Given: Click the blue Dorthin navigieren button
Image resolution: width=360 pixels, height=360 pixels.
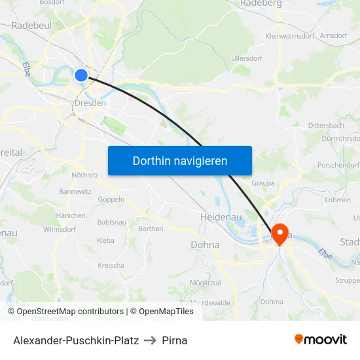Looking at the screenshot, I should (180, 160).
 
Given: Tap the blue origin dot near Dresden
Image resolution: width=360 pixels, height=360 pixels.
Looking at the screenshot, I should (81, 75).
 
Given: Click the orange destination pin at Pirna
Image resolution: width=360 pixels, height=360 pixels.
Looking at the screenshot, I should (282, 234).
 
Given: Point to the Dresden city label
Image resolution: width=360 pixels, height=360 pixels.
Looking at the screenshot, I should (90, 103).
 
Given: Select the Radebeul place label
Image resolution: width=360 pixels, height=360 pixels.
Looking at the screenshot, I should (32, 26).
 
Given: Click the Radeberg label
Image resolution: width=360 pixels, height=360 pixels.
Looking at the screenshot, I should (261, 3).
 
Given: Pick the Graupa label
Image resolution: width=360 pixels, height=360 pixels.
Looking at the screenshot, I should (263, 183).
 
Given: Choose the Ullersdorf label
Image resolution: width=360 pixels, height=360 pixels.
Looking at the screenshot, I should (247, 58).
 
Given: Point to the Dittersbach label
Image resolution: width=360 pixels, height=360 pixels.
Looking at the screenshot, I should (325, 125).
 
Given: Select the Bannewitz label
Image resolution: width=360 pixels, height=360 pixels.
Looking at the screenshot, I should (75, 192).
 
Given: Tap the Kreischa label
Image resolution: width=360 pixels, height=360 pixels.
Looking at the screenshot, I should (111, 265).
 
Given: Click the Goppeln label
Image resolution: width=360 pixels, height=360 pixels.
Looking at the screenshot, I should (111, 200).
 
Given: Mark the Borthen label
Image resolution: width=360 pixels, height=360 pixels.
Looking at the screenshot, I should (151, 228).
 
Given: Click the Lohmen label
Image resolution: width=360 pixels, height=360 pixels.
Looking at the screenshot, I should (338, 200).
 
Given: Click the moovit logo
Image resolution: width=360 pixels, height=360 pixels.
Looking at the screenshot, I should (320, 339).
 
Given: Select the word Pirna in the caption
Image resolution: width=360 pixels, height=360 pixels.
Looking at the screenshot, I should (175, 340).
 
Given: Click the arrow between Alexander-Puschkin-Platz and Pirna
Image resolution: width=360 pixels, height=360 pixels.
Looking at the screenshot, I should (151, 340).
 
